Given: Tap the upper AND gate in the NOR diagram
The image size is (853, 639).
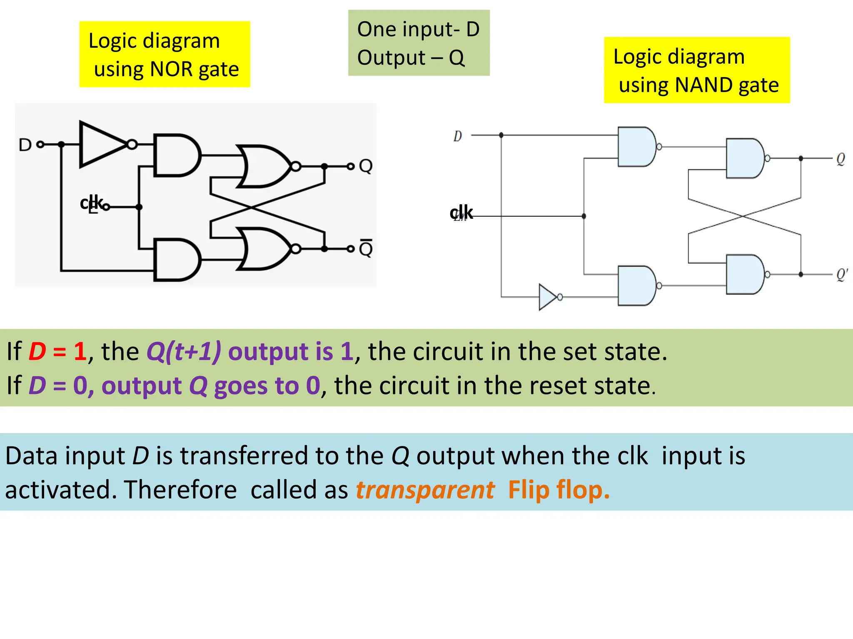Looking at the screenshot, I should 175,155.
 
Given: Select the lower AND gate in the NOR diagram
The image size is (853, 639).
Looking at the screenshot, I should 175,260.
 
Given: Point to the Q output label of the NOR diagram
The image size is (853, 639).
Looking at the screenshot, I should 366,166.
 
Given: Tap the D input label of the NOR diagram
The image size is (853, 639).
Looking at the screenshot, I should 25,145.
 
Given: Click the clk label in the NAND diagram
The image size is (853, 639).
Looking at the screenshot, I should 461,213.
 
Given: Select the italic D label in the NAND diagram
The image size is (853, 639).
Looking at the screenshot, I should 457,136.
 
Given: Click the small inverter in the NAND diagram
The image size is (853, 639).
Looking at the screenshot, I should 547,297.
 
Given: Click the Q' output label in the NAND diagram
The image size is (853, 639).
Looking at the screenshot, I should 842,274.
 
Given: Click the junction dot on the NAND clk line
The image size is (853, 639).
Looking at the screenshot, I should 584,216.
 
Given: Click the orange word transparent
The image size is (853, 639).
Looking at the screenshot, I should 425,490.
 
